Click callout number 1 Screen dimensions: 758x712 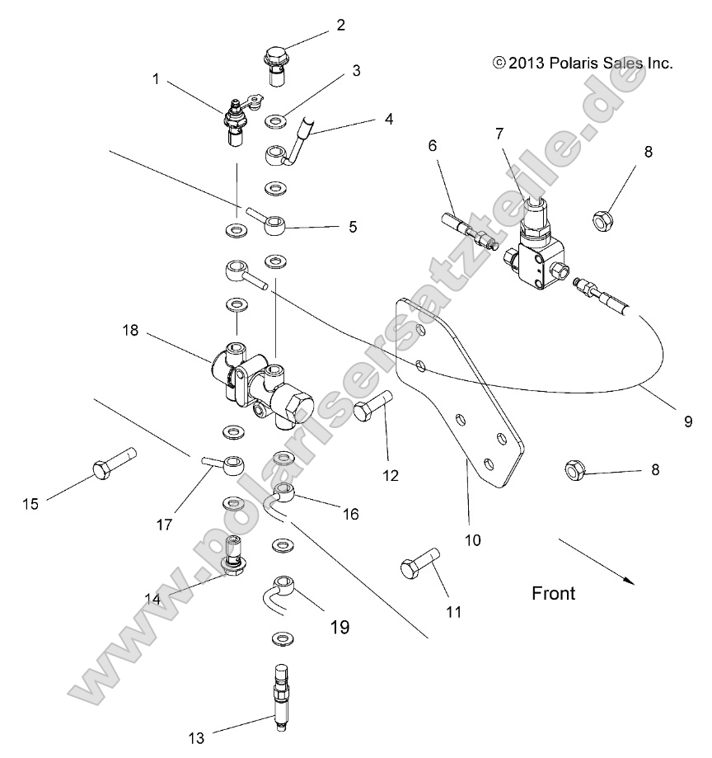(x=156, y=79)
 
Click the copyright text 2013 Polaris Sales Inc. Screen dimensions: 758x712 (x=583, y=62)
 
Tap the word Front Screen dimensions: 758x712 (x=554, y=592)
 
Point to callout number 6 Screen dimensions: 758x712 (x=432, y=146)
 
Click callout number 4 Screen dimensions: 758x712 (x=388, y=119)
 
